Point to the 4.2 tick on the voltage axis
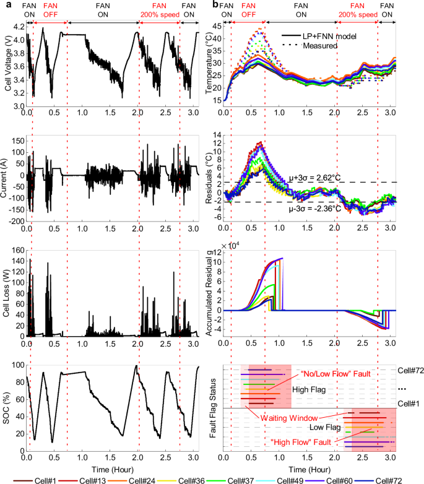(x=17, y=27)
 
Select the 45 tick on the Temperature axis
(x=217, y=27)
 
